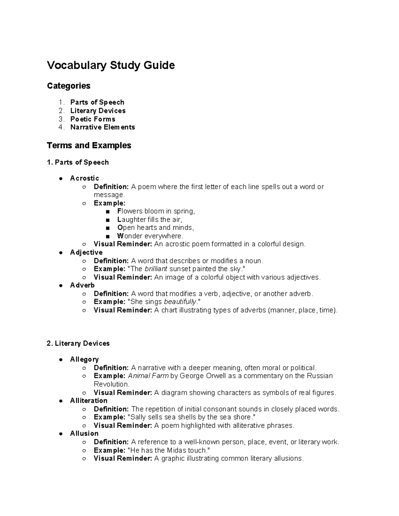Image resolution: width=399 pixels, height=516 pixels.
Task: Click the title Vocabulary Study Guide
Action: tap(111, 65)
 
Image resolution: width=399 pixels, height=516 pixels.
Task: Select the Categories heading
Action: tap(68, 86)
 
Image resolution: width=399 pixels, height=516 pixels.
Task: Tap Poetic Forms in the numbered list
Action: tap(93, 119)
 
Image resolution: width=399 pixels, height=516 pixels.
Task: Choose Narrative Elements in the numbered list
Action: tap(102, 127)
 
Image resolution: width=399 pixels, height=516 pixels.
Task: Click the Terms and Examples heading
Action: tap(89, 146)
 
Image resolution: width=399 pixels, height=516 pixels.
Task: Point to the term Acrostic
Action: tap(84, 178)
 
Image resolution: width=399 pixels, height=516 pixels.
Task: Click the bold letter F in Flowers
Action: tap(119, 211)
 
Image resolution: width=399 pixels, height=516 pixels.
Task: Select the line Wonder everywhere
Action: tap(150, 236)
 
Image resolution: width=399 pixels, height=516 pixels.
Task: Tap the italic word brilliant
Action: tap(156, 269)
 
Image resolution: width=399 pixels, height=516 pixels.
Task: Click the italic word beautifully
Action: tap(180, 302)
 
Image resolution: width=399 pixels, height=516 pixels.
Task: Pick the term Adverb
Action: tap(82, 285)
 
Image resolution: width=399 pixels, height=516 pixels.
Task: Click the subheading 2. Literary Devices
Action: tap(78, 343)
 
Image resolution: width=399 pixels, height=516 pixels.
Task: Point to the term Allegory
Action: tap(84, 360)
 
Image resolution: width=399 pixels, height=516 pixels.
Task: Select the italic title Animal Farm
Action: tap(148, 376)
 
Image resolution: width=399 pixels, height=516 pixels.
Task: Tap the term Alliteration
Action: tap(88, 401)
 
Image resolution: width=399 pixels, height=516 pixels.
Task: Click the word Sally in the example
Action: tap(138, 417)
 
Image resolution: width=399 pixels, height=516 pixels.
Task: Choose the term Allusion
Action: tap(84, 434)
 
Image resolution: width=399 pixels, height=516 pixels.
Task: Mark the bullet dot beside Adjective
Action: tap(61, 253)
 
